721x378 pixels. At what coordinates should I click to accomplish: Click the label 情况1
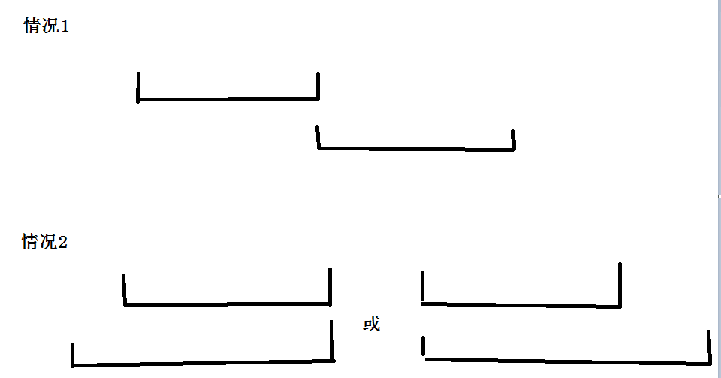coord(46,26)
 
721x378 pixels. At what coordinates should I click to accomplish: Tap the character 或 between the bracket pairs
coord(372,325)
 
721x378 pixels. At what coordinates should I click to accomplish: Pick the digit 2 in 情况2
coord(63,242)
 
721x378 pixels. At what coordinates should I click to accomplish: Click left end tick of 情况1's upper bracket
coord(138,86)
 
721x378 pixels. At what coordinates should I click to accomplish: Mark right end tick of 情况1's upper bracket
coord(318,85)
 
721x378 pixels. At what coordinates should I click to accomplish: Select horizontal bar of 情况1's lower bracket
coord(417,149)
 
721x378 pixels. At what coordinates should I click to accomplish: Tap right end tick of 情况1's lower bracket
coord(514,140)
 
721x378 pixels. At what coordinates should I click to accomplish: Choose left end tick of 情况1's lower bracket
coord(318,137)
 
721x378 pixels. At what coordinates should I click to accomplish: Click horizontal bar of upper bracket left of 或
coord(225,304)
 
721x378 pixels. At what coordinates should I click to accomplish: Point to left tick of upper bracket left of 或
coord(124,289)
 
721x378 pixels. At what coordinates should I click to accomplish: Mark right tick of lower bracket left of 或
coord(332,340)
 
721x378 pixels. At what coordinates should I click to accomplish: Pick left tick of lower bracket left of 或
coord(73,355)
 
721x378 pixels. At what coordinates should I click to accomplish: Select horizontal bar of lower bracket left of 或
coord(203,364)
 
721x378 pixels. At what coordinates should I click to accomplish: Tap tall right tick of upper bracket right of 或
coord(620,284)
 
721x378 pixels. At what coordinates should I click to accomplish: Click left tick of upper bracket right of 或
coord(423,286)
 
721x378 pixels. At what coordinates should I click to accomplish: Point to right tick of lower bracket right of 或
coord(709,346)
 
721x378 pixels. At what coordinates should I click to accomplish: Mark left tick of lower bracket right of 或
coord(424,346)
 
